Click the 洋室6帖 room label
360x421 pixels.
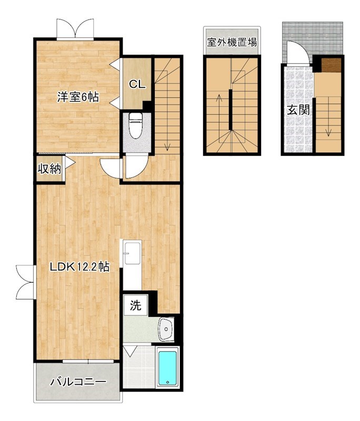point(78,97)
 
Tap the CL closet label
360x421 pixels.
point(138,84)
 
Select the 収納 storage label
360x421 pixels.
point(49,169)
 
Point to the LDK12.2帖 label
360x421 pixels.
point(79,267)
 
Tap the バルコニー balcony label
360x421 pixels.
point(78,382)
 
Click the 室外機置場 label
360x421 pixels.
point(232,43)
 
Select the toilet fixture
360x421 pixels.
point(136,126)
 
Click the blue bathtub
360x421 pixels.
point(168,368)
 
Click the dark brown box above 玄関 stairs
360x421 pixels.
point(332,65)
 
